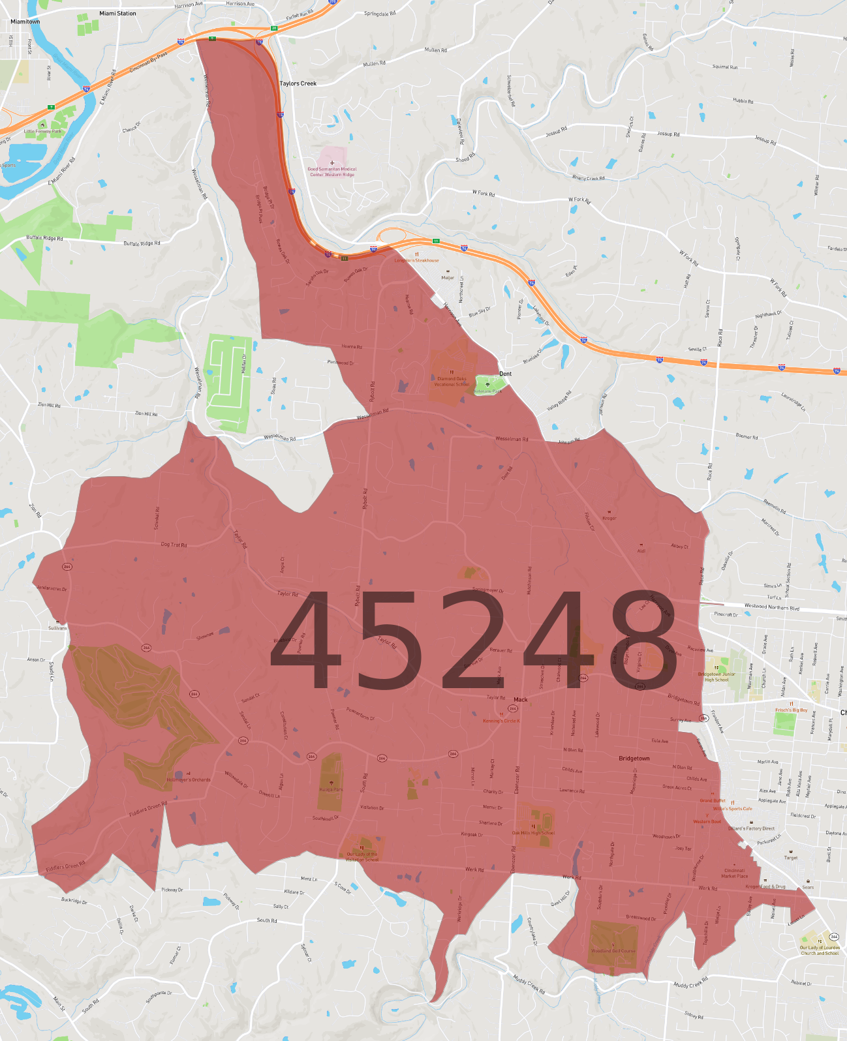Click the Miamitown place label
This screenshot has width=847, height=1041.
(25, 22)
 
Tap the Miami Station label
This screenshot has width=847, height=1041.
(117, 13)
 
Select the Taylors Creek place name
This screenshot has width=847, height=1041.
(298, 83)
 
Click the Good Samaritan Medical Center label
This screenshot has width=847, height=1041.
(332, 172)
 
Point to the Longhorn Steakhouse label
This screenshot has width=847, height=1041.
(416, 260)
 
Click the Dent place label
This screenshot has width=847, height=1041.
(505, 374)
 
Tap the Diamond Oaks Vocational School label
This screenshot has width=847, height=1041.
(452, 382)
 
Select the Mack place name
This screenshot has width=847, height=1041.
(520, 700)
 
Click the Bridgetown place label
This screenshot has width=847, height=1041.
(634, 759)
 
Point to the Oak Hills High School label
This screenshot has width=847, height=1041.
(533, 833)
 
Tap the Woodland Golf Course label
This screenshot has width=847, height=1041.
(613, 951)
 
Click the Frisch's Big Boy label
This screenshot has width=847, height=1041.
(791, 710)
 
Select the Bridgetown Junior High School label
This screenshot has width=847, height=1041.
(716, 677)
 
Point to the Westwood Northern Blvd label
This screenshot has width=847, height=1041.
(771, 607)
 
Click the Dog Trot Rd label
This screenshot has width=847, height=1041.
(174, 545)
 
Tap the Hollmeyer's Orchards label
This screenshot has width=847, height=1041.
(189, 779)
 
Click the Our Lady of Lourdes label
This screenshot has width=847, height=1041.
(820, 950)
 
